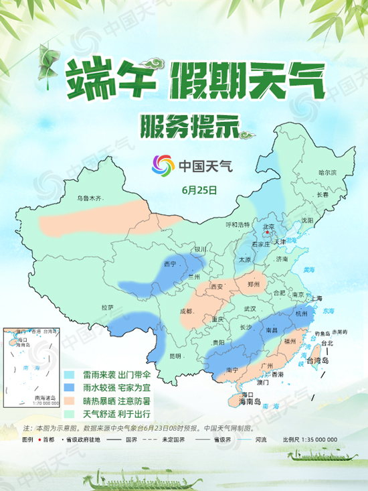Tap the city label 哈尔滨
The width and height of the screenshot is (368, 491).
point(327,172)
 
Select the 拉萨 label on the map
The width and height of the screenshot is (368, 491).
point(107,307)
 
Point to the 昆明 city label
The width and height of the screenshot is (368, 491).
point(175,354)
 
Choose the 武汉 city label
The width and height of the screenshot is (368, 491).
point(250,308)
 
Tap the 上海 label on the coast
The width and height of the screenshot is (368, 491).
point(316,298)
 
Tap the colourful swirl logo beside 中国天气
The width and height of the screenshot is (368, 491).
point(162,164)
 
